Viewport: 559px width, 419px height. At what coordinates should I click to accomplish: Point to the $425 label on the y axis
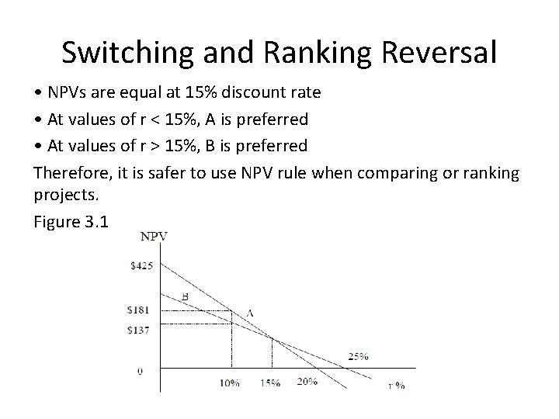(x=143, y=266)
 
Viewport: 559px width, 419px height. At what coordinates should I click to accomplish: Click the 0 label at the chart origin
(x=140, y=371)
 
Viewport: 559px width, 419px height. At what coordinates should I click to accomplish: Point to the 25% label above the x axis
(x=358, y=357)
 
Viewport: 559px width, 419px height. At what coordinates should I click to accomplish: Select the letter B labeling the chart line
(x=185, y=296)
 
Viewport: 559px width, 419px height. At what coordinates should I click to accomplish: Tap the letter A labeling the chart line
(x=250, y=313)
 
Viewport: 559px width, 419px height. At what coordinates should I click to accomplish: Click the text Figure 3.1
(x=72, y=222)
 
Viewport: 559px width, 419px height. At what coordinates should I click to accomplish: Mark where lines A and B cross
(x=271, y=337)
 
